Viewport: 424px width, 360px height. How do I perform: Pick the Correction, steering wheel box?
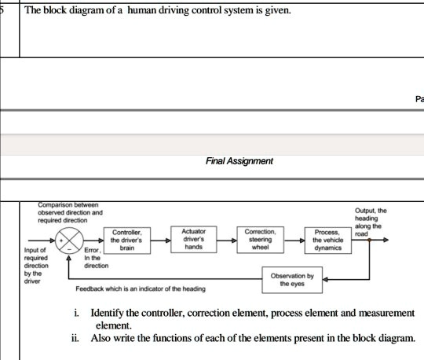[259, 239]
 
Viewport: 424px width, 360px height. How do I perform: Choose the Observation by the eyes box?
[292, 280]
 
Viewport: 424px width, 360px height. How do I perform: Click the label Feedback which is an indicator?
[141, 289]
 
